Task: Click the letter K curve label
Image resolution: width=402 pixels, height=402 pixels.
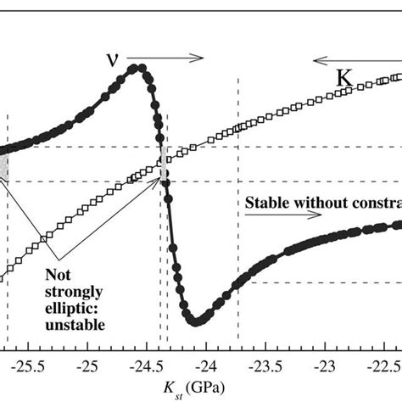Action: pyautogui.click(x=343, y=76)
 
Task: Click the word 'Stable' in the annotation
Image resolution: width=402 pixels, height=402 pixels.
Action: pyautogui.click(x=265, y=204)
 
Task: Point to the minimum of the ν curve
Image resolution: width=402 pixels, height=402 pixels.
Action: pyautogui.click(x=196, y=321)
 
